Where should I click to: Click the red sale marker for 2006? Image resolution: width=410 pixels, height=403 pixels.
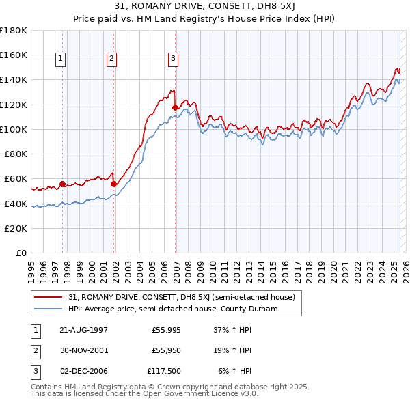(176, 107)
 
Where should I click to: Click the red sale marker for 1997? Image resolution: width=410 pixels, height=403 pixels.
(63, 184)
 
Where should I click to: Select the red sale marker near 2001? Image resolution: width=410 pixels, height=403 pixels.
(114, 184)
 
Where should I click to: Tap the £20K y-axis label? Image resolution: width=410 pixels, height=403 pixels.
(16, 228)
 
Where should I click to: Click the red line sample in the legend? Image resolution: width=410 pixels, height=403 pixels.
(49, 297)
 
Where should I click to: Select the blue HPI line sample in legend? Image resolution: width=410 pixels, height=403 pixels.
(49, 309)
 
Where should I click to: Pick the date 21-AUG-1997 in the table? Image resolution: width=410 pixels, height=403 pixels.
(83, 330)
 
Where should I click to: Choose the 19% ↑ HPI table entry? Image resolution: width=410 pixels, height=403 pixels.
(232, 350)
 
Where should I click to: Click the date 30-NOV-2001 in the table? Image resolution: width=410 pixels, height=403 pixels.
(83, 350)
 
